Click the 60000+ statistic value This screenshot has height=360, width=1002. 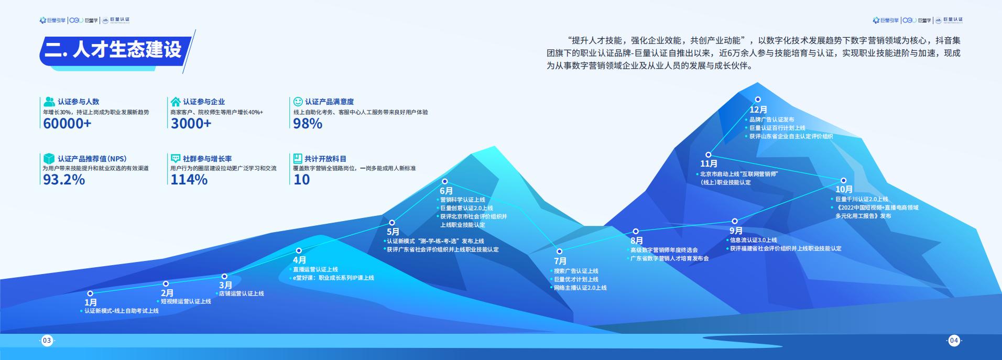pyautogui.click(x=67, y=124)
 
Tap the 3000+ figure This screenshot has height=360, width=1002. pyautogui.click(x=191, y=124)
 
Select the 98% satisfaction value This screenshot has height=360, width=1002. pyautogui.click(x=308, y=124)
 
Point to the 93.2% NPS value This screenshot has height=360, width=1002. pyautogui.click(x=63, y=180)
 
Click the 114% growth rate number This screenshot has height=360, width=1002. pyautogui.click(x=189, y=180)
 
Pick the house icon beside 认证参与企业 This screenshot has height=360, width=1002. pyautogui.click(x=176, y=101)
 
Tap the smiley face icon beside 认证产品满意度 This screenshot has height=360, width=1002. pyautogui.click(x=298, y=101)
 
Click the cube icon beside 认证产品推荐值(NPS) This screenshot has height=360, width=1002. pyautogui.click(x=49, y=158)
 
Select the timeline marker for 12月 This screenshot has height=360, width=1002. pyautogui.click(x=758, y=99)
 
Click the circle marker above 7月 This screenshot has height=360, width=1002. pyautogui.click(x=559, y=252)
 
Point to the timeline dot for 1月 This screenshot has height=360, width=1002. pyautogui.click(x=90, y=293)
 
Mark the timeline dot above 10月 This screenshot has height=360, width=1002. pyautogui.click(x=843, y=180)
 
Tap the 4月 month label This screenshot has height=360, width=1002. pyautogui.click(x=300, y=260)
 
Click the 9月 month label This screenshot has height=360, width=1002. pyautogui.click(x=736, y=231)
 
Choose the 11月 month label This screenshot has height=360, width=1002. pyautogui.click(x=709, y=163)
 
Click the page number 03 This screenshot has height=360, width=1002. pyautogui.click(x=47, y=341)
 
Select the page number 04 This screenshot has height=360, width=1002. pyautogui.click(x=954, y=341)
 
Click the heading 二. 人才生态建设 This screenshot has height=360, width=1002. pyautogui.click(x=113, y=49)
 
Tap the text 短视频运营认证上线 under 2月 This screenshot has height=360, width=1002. pyautogui.click(x=186, y=301)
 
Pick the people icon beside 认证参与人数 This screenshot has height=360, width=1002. pyautogui.click(x=49, y=101)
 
